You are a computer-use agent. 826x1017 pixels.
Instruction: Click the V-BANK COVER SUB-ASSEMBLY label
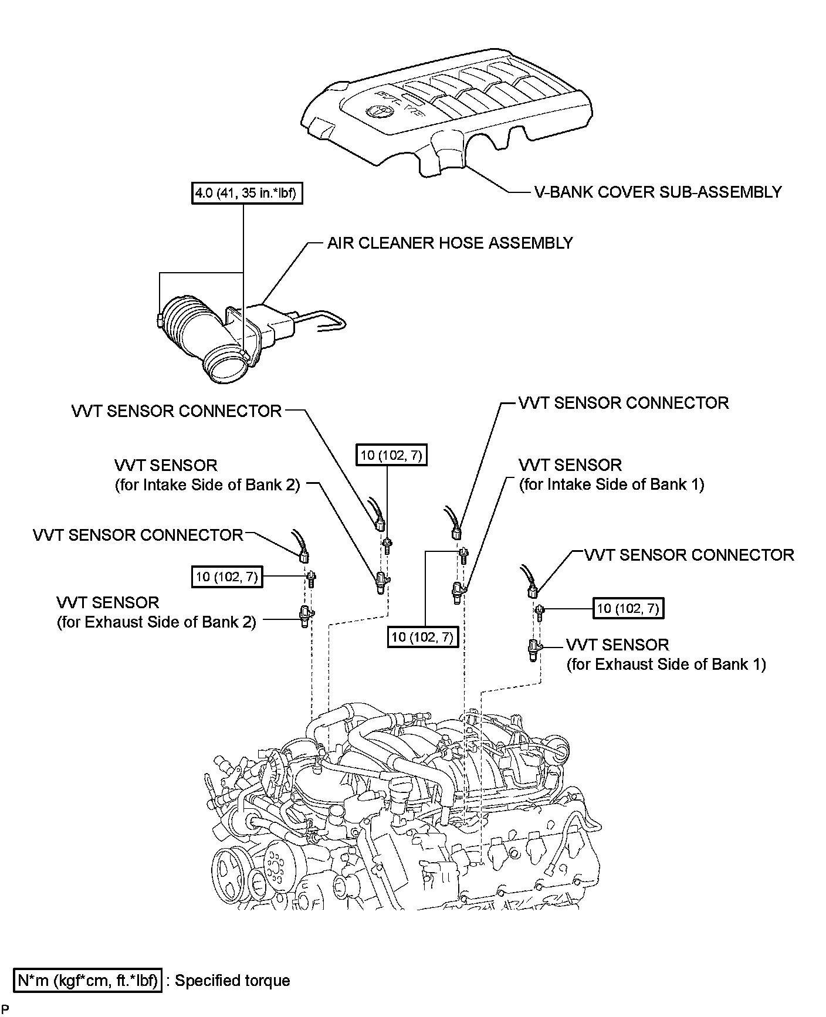658,192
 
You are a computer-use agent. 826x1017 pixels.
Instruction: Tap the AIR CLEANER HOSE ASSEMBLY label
450,243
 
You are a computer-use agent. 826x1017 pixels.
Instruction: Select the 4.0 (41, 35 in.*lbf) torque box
247,193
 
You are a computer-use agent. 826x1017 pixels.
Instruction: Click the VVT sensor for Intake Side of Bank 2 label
207,475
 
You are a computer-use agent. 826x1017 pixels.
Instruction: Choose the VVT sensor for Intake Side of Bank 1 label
611,474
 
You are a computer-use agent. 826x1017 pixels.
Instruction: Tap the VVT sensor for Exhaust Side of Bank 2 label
157,612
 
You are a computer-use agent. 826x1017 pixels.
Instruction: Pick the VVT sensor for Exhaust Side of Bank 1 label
666,655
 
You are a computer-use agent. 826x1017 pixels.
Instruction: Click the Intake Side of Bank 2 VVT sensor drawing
382,582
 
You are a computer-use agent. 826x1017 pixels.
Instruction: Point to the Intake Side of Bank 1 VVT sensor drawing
458,592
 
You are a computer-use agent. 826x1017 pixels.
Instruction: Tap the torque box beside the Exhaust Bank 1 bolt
628,609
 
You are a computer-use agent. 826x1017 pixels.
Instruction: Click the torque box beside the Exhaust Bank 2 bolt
226,577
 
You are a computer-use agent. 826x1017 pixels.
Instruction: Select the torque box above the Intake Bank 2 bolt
391,455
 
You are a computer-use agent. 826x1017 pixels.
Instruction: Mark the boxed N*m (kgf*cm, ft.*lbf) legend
87,980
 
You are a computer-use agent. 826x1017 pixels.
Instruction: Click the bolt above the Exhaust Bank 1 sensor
539,612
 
